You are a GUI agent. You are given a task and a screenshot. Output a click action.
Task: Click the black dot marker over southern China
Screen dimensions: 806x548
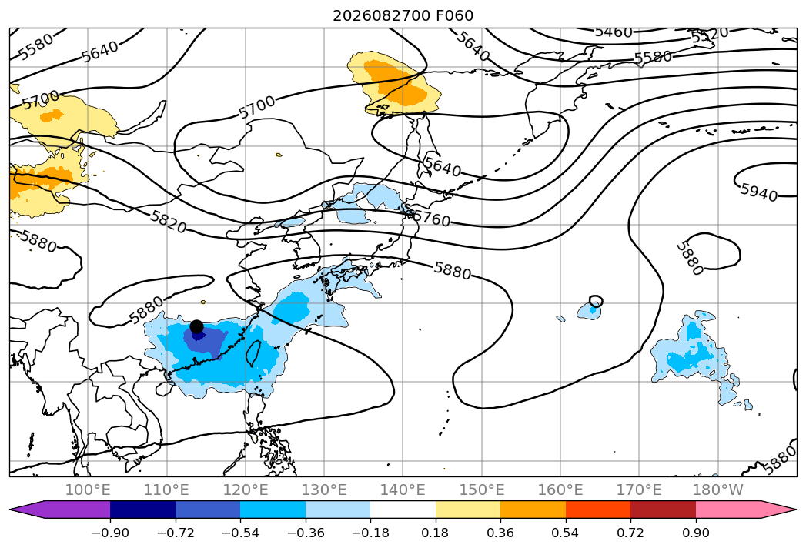(196, 326)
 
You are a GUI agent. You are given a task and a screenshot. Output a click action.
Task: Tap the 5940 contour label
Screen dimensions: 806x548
(759, 192)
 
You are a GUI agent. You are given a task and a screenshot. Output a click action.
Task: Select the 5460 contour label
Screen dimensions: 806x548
(614, 32)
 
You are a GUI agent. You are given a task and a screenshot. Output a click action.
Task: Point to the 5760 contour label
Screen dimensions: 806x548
(432, 219)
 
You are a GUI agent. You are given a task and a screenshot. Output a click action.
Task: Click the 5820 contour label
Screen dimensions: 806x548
(168, 222)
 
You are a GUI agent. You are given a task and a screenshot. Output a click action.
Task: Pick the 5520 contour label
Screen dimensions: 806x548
(710, 35)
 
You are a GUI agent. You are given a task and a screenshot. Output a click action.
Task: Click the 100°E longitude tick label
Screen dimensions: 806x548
(88, 490)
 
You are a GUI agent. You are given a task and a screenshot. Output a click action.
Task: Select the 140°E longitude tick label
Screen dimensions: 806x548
(403, 490)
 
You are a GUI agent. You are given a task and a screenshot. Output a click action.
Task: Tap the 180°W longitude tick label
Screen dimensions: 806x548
(718, 490)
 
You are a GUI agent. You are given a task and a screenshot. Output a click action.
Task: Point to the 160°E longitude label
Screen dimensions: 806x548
(560, 490)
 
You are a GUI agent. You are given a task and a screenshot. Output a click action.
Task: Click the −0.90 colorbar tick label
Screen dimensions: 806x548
(110, 533)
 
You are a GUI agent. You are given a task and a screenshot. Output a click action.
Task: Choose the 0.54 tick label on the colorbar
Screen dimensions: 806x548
(566, 533)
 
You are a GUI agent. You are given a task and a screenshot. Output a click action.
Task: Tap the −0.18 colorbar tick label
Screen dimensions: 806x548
(370, 533)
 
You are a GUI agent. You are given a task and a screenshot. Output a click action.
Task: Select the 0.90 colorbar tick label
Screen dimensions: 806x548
(695, 533)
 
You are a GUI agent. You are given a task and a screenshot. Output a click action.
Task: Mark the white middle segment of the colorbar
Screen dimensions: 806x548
(403, 510)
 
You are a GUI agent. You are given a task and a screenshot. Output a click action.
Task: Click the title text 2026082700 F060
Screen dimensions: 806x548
(403, 15)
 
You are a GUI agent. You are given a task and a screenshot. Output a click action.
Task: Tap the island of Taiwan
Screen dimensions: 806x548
(253, 353)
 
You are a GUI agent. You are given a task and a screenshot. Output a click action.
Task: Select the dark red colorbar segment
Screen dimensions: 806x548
(663, 510)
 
